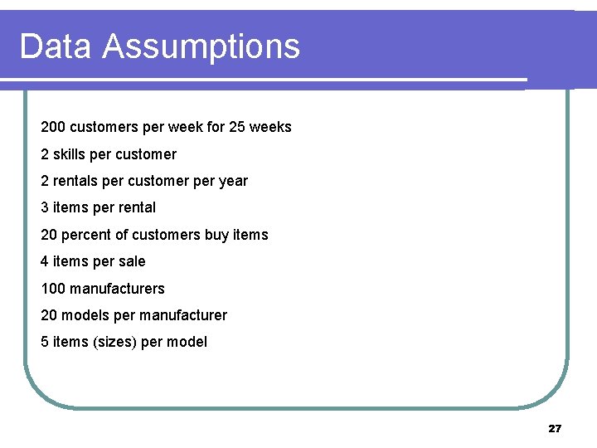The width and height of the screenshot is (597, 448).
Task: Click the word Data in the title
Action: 56,46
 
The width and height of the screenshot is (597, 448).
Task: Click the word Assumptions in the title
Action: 201,48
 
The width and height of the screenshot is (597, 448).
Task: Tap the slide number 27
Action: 555,429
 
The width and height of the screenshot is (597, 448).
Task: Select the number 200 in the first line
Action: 53,128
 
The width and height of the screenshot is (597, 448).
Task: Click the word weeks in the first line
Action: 271,128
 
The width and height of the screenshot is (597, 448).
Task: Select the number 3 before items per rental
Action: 45,207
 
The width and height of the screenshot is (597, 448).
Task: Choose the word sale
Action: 131,261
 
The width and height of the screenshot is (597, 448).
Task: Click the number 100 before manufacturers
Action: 53,289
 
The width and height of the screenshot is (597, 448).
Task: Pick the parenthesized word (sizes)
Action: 114,342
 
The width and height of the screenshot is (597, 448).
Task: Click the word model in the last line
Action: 187,342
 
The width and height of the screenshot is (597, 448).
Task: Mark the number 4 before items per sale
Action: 45,261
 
